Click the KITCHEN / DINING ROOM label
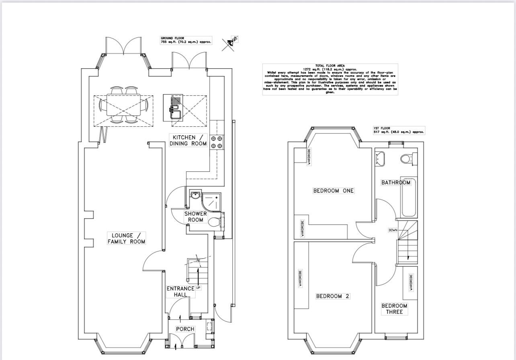[x=188, y=140]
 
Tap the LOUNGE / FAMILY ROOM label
[x=126, y=238]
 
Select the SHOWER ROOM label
[x=196, y=217]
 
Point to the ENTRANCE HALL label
[x=181, y=292]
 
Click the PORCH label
[x=185, y=329]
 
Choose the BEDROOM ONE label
[x=334, y=191]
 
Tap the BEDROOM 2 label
[x=333, y=296]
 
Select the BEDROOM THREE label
[x=394, y=309]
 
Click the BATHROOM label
[x=396, y=183]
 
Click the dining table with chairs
[x=123, y=105]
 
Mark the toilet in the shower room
[x=215, y=221]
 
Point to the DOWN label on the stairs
[x=393, y=230]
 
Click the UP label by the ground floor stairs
[x=199, y=288]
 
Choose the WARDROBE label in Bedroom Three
[x=411, y=282]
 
